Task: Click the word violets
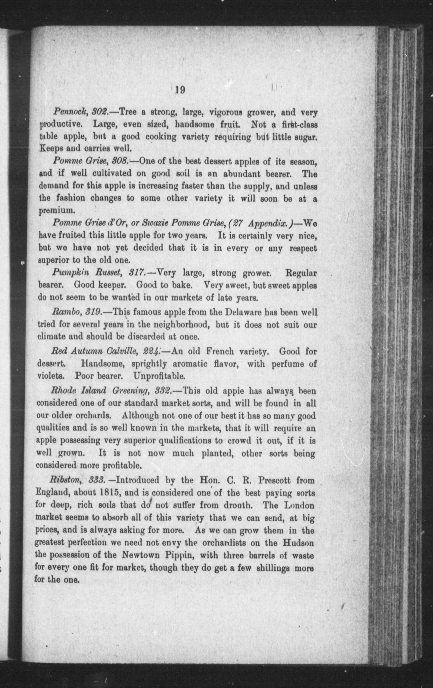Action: click(x=51, y=376)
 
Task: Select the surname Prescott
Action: click(x=275, y=480)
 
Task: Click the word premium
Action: click(x=57, y=211)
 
